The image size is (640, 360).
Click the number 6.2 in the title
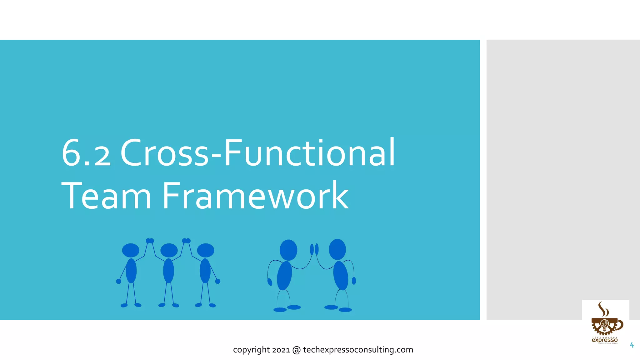click(86, 153)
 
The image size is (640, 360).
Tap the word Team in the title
click(106, 196)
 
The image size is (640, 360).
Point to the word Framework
click(255, 196)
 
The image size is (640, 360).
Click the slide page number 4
click(632, 345)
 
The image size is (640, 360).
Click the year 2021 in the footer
click(281, 350)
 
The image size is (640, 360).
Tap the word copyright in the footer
click(251, 350)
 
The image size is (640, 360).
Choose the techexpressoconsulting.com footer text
click(358, 350)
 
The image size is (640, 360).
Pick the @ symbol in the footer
click(296, 350)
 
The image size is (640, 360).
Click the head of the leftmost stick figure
click(131, 250)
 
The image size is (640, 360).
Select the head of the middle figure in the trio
click(169, 250)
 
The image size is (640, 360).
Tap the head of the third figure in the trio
click(206, 250)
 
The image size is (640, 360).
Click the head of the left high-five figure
click(288, 250)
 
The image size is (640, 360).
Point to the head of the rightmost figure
click(337, 249)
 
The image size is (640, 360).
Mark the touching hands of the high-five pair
click(314, 249)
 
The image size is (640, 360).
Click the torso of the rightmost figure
click(340, 275)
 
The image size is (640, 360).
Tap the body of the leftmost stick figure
click(131, 271)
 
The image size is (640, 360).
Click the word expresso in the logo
click(604, 340)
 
